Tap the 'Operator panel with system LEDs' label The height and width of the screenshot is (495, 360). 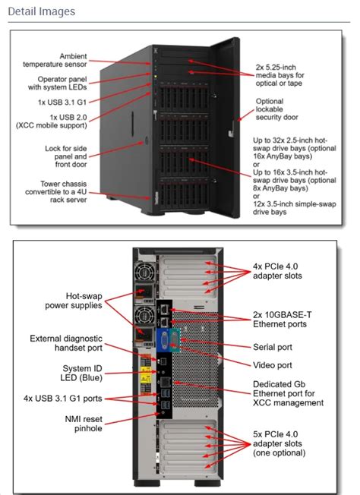point(64,84)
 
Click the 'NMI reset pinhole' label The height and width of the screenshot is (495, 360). point(77,424)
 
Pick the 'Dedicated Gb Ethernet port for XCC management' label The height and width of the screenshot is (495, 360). point(289,393)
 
